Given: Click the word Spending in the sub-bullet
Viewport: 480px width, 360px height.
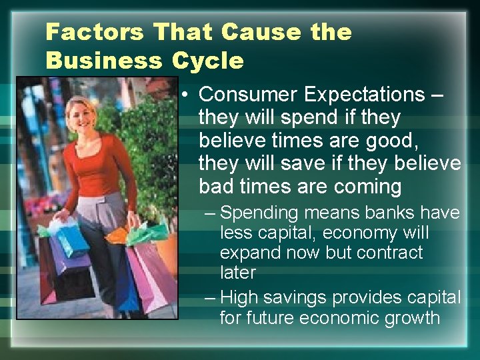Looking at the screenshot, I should [x=259, y=213].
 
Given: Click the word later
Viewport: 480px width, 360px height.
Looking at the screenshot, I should [x=238, y=272].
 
